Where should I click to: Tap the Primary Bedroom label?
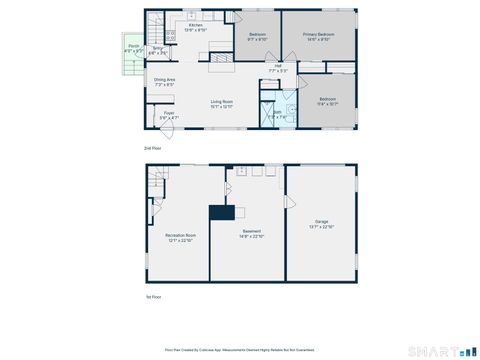[318, 36]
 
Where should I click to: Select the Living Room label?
[221, 103]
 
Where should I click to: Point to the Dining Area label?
[164, 81]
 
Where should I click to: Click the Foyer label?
[169, 116]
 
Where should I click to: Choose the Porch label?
[133, 47]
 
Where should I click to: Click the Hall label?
[278, 69]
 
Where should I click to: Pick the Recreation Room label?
[179, 237]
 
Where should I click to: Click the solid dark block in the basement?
[220, 212]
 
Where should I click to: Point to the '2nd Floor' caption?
[152, 148]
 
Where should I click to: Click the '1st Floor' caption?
[152, 297]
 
